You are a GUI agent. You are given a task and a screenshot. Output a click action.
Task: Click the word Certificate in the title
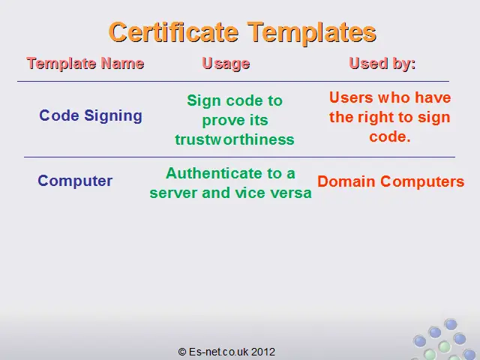173,32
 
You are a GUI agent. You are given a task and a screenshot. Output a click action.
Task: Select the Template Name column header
85,64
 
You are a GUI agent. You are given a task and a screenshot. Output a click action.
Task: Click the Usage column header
226,64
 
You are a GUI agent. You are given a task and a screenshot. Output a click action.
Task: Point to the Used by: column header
382,64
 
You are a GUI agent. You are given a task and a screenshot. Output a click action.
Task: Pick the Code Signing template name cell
91,116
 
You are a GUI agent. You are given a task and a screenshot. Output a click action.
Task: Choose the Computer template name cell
75,181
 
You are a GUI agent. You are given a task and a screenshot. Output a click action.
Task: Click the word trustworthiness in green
235,139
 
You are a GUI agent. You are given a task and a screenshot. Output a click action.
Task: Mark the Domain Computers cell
391,181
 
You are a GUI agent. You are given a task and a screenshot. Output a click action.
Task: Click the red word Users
351,97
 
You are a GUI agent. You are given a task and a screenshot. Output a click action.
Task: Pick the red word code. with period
390,136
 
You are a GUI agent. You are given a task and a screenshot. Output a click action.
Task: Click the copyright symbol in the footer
182,352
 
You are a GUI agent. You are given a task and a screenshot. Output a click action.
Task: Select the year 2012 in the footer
263,352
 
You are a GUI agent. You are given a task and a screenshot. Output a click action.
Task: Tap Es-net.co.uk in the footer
218,352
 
